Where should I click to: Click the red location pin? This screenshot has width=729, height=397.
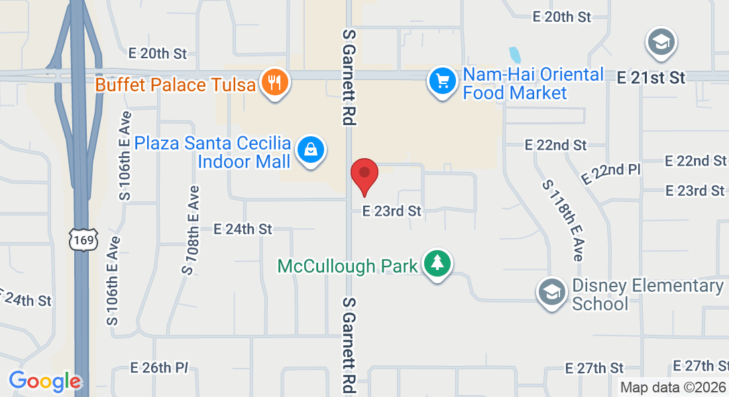click(x=364, y=174)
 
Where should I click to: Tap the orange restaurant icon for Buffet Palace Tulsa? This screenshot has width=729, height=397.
click(x=273, y=82)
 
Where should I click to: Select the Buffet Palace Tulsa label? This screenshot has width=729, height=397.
click(x=176, y=85)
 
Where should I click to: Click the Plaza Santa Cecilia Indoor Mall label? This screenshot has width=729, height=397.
click(x=213, y=152)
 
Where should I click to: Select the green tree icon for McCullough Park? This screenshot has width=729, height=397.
click(x=436, y=263)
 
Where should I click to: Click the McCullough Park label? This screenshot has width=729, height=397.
click(x=347, y=266)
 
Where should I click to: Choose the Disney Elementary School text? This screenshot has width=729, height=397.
click(x=647, y=294)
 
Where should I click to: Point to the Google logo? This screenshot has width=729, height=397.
click(x=45, y=381)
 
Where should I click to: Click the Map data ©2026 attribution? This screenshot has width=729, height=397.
click(x=673, y=387)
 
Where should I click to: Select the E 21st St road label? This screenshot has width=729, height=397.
click(x=651, y=78)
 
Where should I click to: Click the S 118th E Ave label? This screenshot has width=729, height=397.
click(x=562, y=220)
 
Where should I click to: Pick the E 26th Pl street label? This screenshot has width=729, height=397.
click(x=160, y=367)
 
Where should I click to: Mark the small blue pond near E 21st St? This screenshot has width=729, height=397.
click(x=514, y=55)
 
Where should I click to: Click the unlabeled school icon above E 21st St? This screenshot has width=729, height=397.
click(x=660, y=43)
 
